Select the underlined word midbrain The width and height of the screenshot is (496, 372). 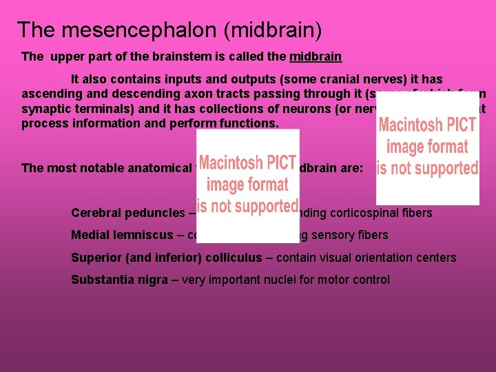316,56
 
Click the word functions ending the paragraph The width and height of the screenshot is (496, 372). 246,123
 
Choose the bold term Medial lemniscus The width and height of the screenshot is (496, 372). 122,235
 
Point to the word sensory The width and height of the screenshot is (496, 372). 335,235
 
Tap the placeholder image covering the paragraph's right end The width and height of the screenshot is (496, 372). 427,148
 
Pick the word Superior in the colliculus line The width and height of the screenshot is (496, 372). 96,258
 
